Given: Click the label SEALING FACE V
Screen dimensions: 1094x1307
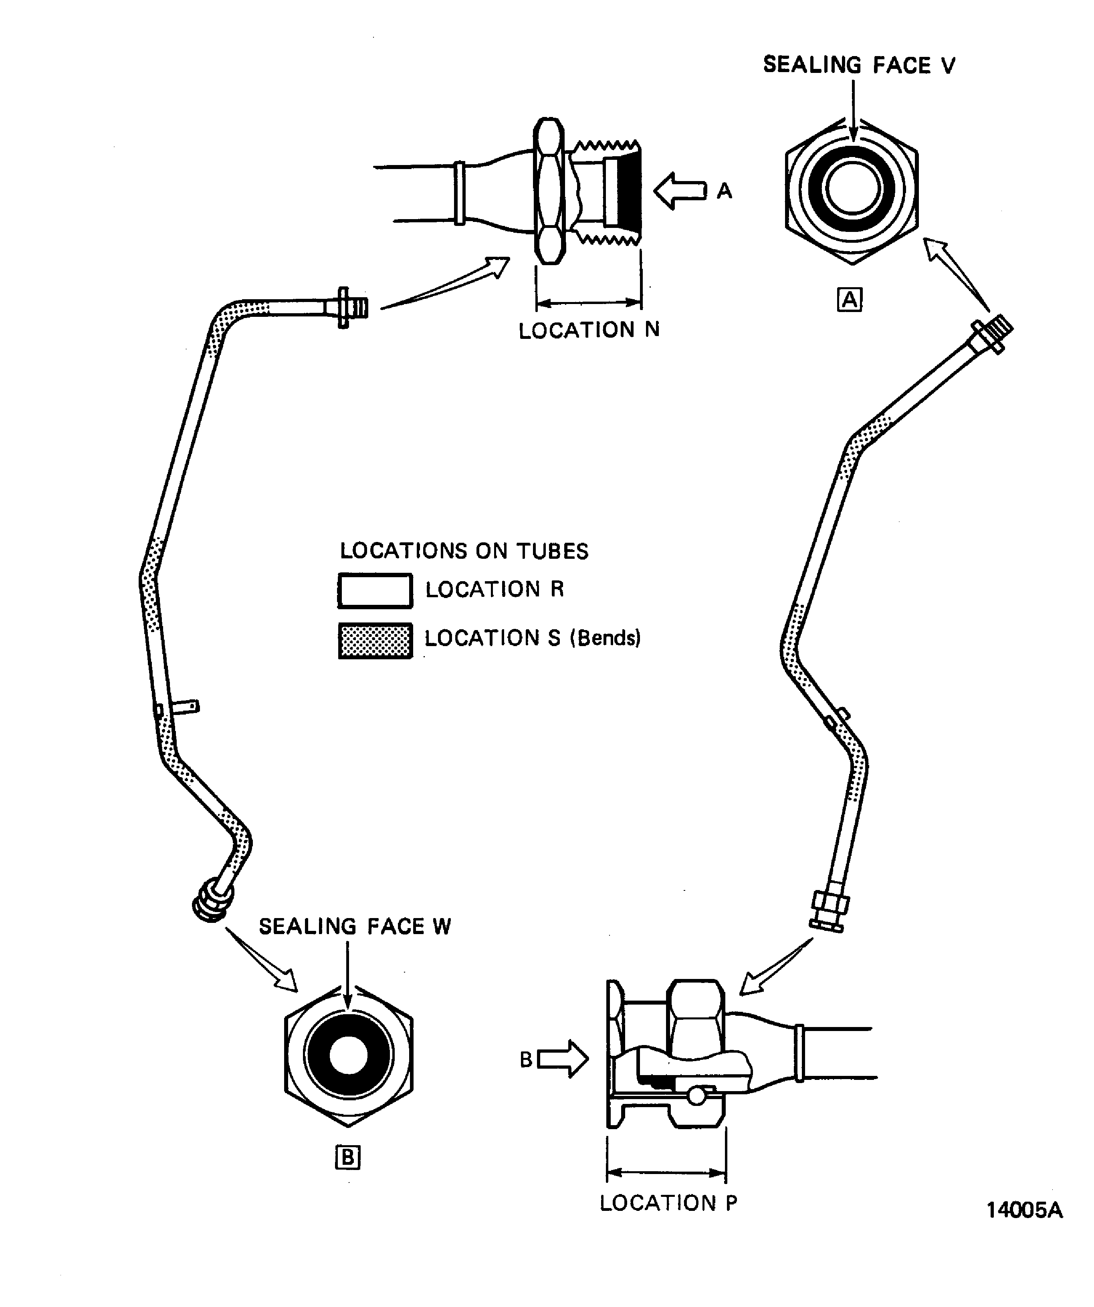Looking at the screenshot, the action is tap(859, 65).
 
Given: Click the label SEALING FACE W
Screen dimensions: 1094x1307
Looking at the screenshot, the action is tap(355, 926).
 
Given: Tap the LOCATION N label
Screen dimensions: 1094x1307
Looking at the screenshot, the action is tap(589, 330).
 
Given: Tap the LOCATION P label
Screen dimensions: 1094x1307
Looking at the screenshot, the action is tap(668, 1203).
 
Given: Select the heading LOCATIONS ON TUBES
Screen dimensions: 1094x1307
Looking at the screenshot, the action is tap(464, 551).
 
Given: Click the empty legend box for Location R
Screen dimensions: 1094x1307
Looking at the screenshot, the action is tap(375, 591).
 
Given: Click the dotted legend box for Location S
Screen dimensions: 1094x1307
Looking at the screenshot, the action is tap(375, 640).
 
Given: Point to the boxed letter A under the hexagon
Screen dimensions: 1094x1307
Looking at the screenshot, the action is tap(849, 300).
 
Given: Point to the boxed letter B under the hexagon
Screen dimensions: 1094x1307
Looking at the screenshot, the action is tap(347, 1158).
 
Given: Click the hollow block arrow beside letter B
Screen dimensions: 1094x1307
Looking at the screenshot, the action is tap(562, 1059).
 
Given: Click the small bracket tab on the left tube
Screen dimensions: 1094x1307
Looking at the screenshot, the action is tap(186, 707).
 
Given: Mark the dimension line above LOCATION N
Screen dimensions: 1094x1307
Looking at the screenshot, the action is tap(588, 303).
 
